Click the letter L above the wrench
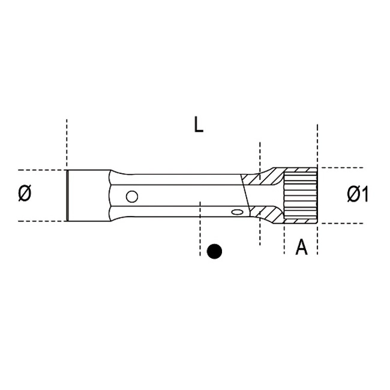[x=199, y=125]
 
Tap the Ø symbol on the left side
[x=25, y=193]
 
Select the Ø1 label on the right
[x=357, y=194]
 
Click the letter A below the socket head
[x=301, y=247]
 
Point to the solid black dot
[x=214, y=251]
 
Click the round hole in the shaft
[x=132, y=196]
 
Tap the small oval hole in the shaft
[x=237, y=212]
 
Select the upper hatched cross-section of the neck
[x=262, y=176]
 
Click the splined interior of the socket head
[x=301, y=195]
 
